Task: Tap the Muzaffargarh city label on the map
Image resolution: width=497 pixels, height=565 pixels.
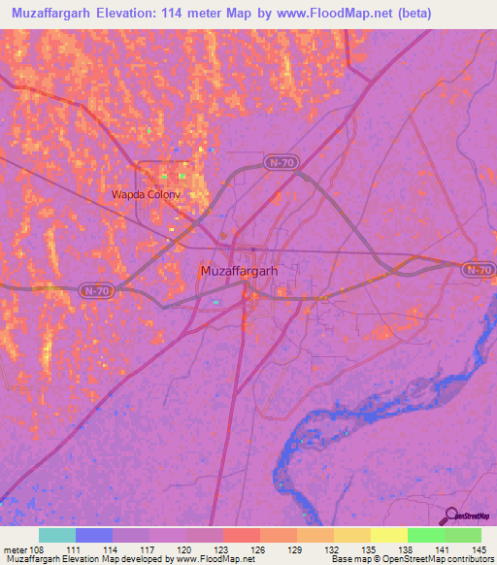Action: pyautogui.click(x=238, y=271)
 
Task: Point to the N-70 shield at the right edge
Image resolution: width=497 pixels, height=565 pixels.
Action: pyautogui.click(x=478, y=269)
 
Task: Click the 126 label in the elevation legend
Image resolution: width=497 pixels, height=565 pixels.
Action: pyautogui.click(x=259, y=548)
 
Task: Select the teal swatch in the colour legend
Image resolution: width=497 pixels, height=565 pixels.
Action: pyautogui.click(x=56, y=535)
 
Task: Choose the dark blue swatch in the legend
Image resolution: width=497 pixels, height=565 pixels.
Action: pyautogui.click(x=93, y=535)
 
